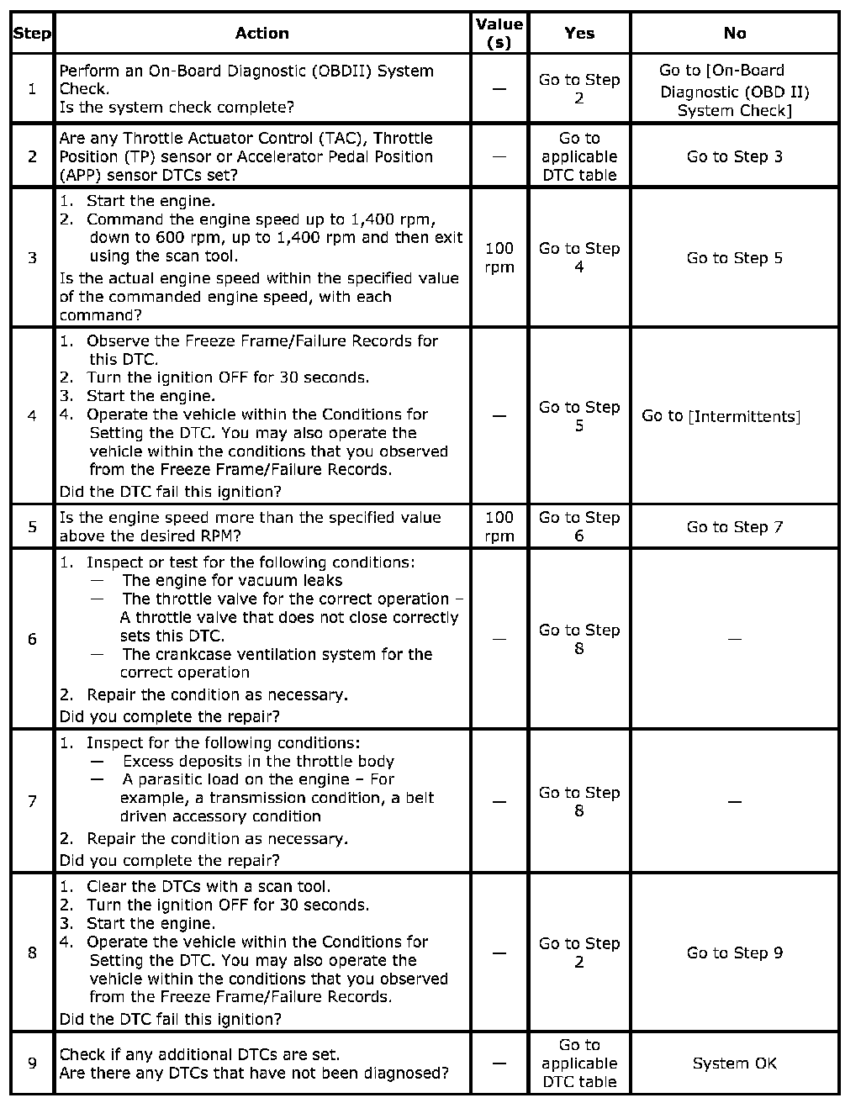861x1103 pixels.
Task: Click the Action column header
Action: pos(261,34)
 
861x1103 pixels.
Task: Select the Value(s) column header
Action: pos(499,34)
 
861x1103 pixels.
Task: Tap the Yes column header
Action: pos(579,34)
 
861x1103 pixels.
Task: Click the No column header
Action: pos(734,34)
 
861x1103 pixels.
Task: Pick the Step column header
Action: pos(32,34)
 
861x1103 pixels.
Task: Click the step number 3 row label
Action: pos(32,258)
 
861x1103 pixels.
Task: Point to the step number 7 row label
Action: pos(32,801)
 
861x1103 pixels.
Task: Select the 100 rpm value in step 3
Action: pos(499,258)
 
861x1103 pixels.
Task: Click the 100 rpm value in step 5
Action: pos(499,527)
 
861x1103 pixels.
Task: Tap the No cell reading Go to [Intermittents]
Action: pos(721,416)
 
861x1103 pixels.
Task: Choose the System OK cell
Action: pos(734,1063)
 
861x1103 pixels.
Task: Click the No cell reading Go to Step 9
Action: pos(734,953)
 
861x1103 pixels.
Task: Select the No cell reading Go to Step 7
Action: pos(734,527)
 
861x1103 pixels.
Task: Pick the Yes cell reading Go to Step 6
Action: pos(579,527)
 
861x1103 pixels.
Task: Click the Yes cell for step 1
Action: pos(579,89)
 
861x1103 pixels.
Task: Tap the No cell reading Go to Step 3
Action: pos(734,156)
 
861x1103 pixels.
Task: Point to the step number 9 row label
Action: pos(32,1063)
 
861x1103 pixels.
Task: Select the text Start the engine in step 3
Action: pos(151,201)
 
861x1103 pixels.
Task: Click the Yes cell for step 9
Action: pos(579,1063)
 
